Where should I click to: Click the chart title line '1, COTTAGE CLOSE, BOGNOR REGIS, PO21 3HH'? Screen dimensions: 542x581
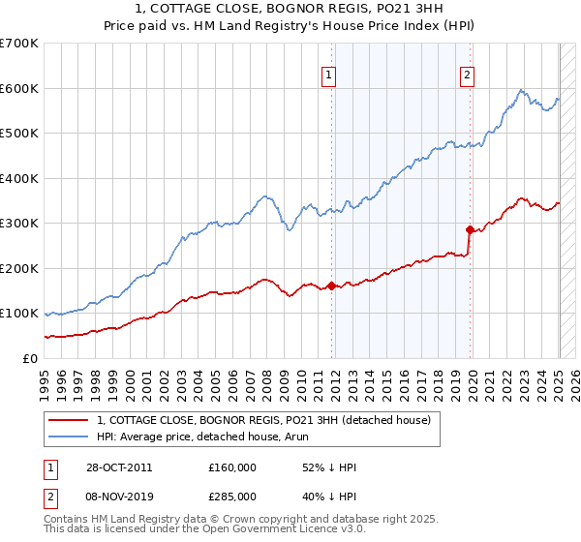tap(290, 11)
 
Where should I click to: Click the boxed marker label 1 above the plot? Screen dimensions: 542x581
tap(328, 77)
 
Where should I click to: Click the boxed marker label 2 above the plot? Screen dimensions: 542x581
tap(467, 77)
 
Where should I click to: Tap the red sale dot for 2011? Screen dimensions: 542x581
tap(332, 286)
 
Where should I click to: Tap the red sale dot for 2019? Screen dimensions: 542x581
tap(471, 229)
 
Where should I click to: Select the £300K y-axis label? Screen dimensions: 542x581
tap(19, 223)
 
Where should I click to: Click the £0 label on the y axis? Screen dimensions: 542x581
tap(29, 358)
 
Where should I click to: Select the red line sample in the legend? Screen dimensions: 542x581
tap(68, 419)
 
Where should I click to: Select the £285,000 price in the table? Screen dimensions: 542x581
tap(232, 496)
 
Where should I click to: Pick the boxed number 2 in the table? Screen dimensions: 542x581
tap(50, 496)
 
